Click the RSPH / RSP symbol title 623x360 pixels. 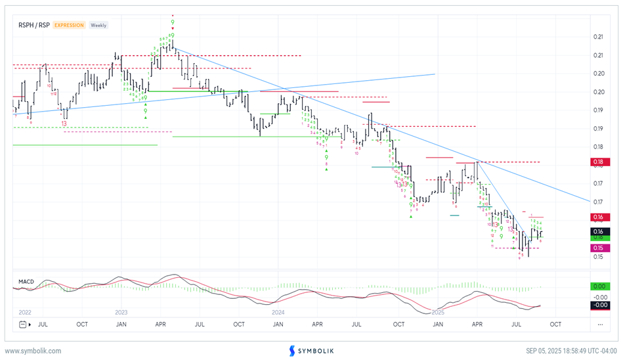click(x=34, y=25)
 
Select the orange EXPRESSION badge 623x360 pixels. click(x=69, y=25)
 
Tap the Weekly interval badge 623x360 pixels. click(x=98, y=25)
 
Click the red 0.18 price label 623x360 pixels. click(x=598, y=162)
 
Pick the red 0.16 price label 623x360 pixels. click(x=598, y=217)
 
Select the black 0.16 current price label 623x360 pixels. click(x=598, y=231)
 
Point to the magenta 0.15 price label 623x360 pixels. click(x=598, y=248)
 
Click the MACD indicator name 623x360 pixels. click(x=26, y=281)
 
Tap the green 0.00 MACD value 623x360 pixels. click(x=598, y=286)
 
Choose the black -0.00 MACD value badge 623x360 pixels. click(x=598, y=305)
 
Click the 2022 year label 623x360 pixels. click(x=25, y=312)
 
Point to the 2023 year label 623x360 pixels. click(x=121, y=312)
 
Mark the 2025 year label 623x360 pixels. click(x=439, y=312)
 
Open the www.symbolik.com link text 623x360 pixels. click(x=33, y=351)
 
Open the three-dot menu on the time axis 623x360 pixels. click(x=600, y=324)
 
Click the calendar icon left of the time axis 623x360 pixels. click(x=24, y=324)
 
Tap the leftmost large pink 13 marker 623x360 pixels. click(x=64, y=123)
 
